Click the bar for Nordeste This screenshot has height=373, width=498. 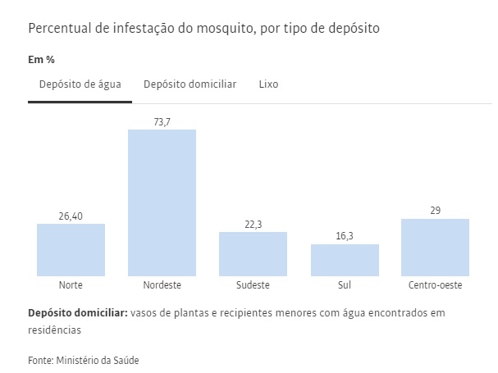pos(162,202)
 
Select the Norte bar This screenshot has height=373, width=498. pos(71,249)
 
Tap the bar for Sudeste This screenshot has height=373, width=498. pos(253,253)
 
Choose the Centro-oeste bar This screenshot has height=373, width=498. pos(435,247)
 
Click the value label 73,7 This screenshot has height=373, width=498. pos(162,122)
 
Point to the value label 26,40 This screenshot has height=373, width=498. pos(71,216)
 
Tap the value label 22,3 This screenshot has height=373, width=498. pos(253,225)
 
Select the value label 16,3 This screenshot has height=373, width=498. pos(345,237)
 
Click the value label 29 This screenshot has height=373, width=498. pos(436,211)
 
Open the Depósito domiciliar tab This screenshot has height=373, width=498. pos(190,84)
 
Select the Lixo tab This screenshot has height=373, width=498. pos(268,84)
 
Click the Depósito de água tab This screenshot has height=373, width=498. pos(80,84)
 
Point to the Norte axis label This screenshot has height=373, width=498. pos(71,286)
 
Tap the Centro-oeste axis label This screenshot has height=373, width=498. pos(435,286)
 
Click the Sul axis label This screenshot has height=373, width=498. pos(345,286)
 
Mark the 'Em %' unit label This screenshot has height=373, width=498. pos(41,60)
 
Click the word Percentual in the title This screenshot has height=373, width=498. pos(59,28)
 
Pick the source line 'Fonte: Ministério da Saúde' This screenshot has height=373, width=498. pos(79,359)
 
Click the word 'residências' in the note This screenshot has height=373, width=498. pos(55,330)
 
